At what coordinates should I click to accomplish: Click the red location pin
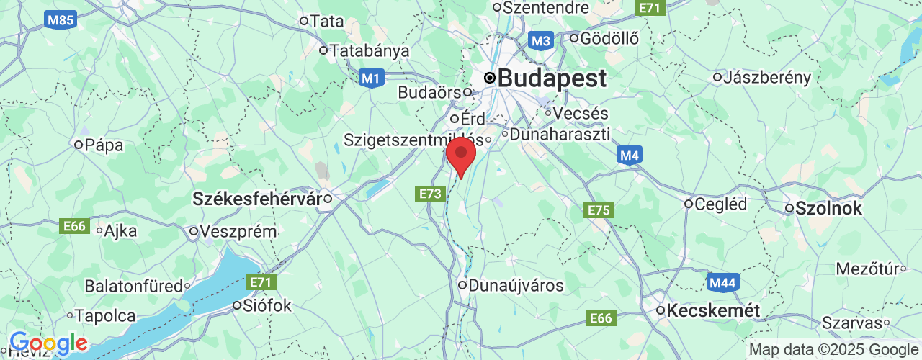[x=461, y=154]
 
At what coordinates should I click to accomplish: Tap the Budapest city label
[x=552, y=78]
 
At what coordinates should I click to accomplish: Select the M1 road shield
[x=370, y=78]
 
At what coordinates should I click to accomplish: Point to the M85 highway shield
[x=61, y=20]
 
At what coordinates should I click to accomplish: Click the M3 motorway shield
[x=540, y=40]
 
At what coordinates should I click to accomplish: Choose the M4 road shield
[x=630, y=155]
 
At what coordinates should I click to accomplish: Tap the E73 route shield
[x=430, y=193]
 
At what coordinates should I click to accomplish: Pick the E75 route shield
[x=599, y=210]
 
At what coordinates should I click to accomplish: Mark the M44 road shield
[x=721, y=282]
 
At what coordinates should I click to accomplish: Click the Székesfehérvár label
[x=256, y=199]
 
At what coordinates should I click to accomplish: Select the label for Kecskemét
[x=714, y=311]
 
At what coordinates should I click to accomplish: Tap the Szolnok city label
[x=828, y=209]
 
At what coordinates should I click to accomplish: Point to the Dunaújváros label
[x=516, y=286]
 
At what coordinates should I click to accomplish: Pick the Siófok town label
[x=267, y=306]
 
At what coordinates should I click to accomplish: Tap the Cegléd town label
[x=721, y=204]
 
